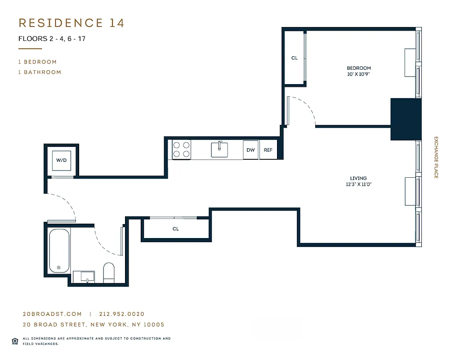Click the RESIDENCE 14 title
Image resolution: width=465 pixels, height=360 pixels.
coord(71,23)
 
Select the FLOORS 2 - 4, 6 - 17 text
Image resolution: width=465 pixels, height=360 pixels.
coord(52,39)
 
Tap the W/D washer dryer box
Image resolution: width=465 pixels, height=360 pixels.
coord(61,160)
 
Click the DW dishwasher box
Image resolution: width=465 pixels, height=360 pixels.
coord(250,150)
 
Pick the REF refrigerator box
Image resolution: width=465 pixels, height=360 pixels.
coord(268,150)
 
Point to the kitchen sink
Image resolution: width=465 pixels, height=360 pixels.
coord(219,149)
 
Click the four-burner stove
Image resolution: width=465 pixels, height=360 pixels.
coord(182,149)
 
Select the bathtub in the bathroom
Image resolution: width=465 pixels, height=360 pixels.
coord(59,251)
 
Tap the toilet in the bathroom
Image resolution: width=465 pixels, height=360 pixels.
coord(109,273)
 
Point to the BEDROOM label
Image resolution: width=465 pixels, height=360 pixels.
coord(358,68)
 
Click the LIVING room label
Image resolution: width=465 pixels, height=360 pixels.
coord(358,178)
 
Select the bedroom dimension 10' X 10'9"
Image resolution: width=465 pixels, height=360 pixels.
coord(358,74)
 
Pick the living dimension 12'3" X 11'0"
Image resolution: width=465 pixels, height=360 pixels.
coord(358,184)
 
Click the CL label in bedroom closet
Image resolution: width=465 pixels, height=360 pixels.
coord(295,58)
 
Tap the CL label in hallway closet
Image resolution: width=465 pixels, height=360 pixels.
coord(175,229)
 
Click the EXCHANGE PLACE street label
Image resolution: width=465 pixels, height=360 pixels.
coord(436,157)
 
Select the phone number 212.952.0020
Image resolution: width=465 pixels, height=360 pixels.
coord(119,314)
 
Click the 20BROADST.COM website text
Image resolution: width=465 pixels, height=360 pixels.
coord(52,314)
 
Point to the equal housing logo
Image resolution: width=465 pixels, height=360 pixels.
coord(14,340)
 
